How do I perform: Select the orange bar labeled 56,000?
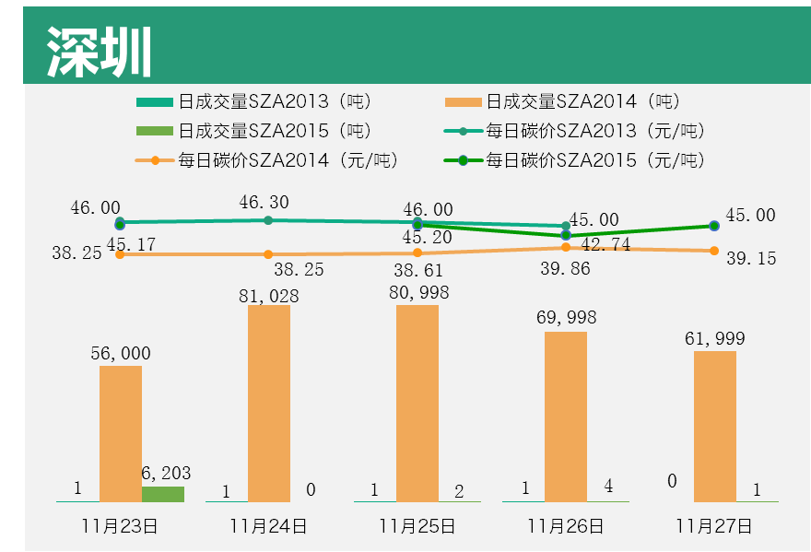pos(121,433)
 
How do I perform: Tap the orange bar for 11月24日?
pos(269,403)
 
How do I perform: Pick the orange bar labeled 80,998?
pos(417,403)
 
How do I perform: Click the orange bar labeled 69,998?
pos(566,417)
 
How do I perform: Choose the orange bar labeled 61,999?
pos(714,426)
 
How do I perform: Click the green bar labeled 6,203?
pos(163,494)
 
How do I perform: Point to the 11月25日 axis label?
pos(417,527)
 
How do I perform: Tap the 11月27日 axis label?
pos(714,527)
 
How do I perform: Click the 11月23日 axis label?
pos(121,527)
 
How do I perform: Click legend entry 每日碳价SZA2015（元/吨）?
pos(594,160)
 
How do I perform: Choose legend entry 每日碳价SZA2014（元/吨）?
pos(287,160)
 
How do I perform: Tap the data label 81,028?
pos(269,296)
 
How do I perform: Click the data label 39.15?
pos(751,259)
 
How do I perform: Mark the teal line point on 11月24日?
pos(268,220)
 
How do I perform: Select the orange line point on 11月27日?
pos(714,251)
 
